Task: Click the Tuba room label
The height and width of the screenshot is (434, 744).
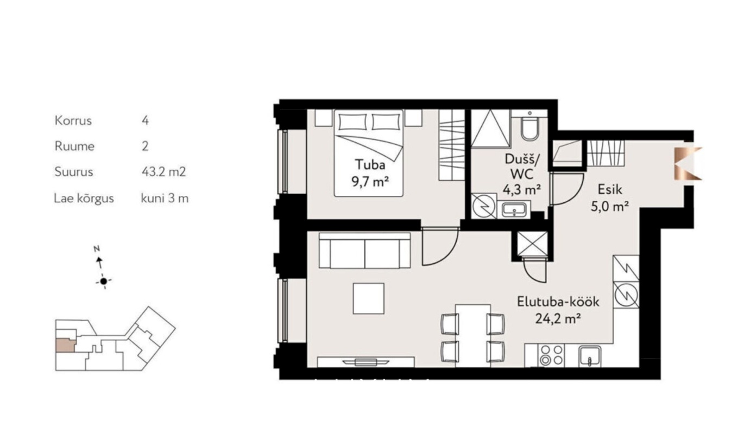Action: click(x=370, y=164)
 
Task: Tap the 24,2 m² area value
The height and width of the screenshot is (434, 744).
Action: click(x=558, y=319)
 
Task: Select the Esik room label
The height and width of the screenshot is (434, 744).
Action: click(x=610, y=189)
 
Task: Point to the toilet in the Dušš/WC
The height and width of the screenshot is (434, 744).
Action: click(x=529, y=126)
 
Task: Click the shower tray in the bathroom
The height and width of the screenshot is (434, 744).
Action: click(x=490, y=128)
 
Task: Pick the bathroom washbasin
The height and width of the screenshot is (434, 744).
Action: click(x=514, y=210)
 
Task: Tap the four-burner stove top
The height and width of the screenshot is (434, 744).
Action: click(x=551, y=355)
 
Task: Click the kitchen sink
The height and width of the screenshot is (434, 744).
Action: click(x=590, y=356)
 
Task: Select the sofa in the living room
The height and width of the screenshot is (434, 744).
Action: click(x=365, y=250)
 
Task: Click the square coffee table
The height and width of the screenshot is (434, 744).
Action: click(x=369, y=298)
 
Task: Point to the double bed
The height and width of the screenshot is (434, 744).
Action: click(x=369, y=153)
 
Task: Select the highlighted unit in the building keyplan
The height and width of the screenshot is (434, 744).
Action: click(x=66, y=346)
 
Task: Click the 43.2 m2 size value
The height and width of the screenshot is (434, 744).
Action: click(x=163, y=172)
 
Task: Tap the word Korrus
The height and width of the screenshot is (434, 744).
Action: click(x=73, y=120)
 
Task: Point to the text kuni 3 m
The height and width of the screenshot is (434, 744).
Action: click(x=165, y=199)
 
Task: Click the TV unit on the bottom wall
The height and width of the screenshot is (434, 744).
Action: click(x=365, y=362)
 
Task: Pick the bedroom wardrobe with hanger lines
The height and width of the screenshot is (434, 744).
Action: click(x=451, y=145)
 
